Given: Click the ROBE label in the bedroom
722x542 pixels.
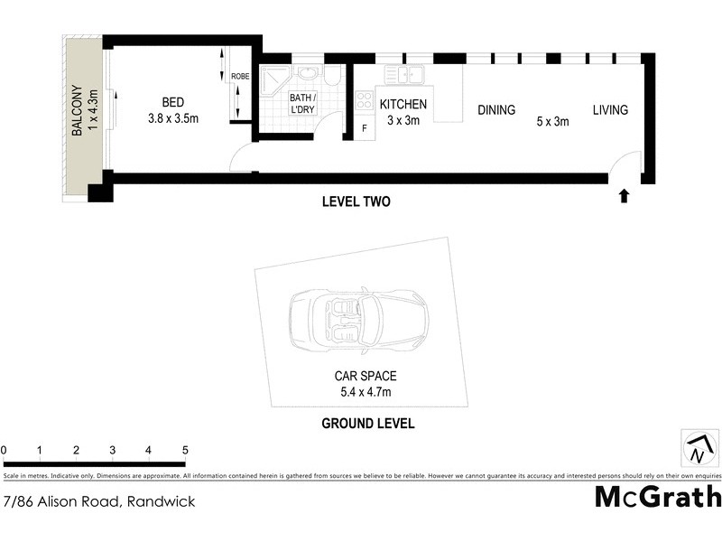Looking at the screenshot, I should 239,77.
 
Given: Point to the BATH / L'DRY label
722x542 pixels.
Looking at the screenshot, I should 301,103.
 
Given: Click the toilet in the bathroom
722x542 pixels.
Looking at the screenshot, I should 333,77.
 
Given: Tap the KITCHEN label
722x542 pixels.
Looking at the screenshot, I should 403,104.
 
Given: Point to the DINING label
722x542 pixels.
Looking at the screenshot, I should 495,110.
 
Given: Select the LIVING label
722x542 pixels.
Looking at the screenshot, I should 610,110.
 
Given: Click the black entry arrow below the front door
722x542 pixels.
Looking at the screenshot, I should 624,195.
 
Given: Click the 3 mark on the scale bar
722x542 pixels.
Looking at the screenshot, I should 112,450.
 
